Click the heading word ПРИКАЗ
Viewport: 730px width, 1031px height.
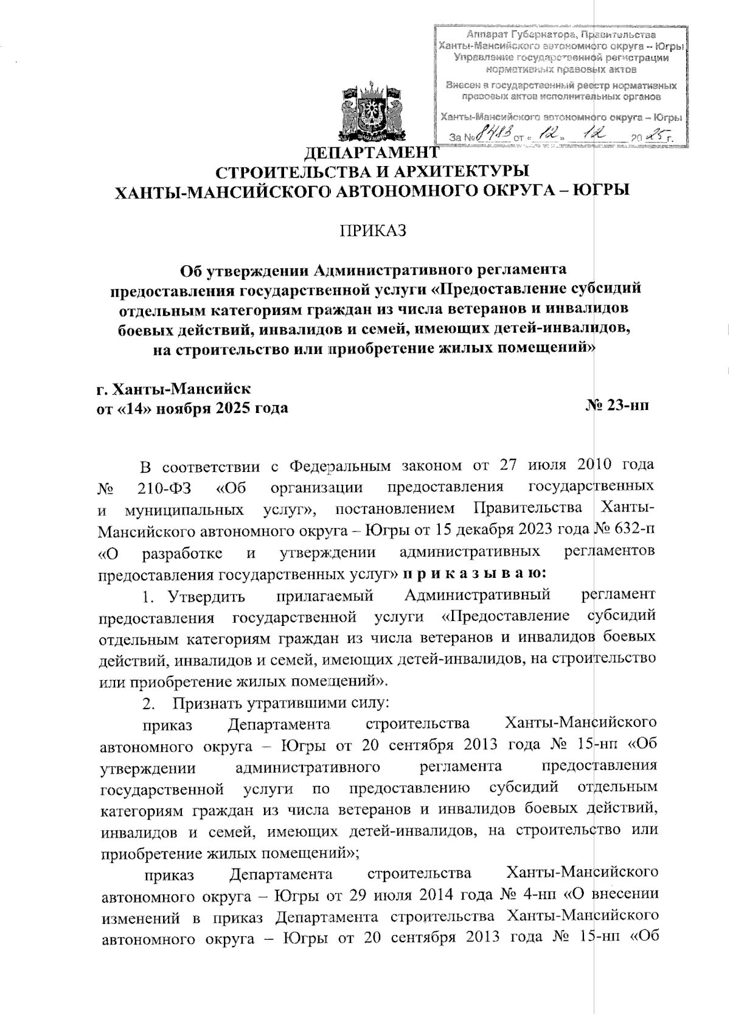tap(372, 232)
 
